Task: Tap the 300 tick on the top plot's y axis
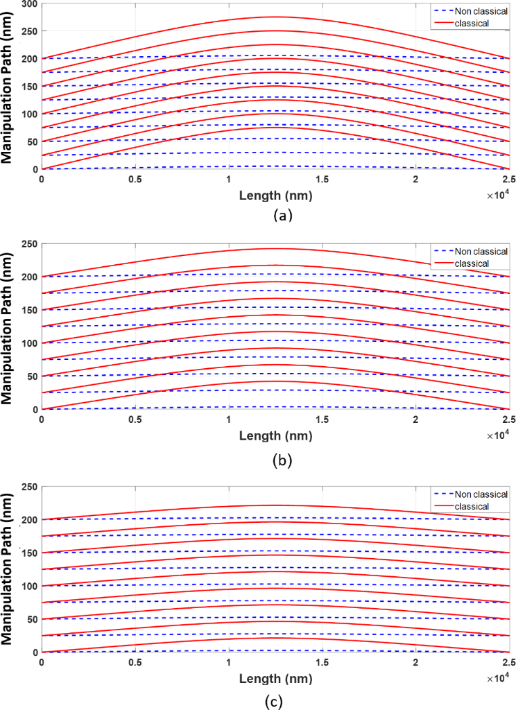click(29, 4)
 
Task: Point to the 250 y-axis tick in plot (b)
click(29, 243)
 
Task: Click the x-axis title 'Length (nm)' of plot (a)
click(276, 196)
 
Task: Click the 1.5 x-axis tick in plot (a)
click(322, 179)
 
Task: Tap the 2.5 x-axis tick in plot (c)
click(508, 662)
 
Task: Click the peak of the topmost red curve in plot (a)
click(275, 17)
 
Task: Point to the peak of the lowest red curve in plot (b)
click(275, 381)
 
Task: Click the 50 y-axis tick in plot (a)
click(32, 141)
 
